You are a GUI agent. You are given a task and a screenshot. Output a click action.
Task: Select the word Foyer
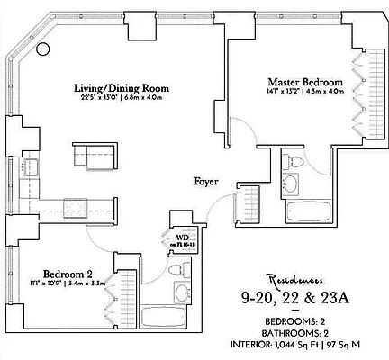tap(208, 182)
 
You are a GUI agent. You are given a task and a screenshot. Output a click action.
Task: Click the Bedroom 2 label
tap(68, 274)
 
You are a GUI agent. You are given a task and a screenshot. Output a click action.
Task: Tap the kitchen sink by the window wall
tap(32, 166)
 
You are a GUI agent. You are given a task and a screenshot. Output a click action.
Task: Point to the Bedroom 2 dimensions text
tap(68, 284)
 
